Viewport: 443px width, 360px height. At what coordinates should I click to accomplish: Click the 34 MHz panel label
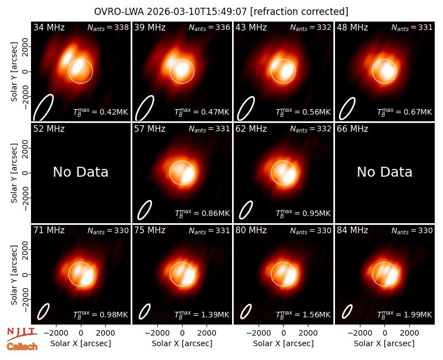49,27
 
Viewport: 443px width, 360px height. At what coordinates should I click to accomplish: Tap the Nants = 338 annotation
108,27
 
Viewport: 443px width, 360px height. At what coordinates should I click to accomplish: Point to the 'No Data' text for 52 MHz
80,172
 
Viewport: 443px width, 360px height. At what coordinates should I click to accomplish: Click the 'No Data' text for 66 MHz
384,172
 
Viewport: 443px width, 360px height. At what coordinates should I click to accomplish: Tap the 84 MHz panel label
352,230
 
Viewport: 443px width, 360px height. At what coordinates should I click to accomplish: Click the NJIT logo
22,334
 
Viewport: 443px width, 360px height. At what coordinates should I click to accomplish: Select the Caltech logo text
22,347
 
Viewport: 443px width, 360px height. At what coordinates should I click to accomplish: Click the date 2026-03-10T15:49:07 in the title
197,12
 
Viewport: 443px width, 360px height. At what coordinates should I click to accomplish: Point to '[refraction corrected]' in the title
299,12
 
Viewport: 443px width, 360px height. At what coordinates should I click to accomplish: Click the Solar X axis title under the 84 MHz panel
384,343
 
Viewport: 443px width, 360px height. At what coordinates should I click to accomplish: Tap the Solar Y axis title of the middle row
14,173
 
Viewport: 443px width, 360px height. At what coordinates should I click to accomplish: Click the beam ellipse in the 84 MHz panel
347,312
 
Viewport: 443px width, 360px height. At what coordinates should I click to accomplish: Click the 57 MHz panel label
150,129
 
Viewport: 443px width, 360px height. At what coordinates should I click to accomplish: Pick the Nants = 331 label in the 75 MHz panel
210,230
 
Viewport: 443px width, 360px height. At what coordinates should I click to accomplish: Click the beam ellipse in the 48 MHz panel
347,109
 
